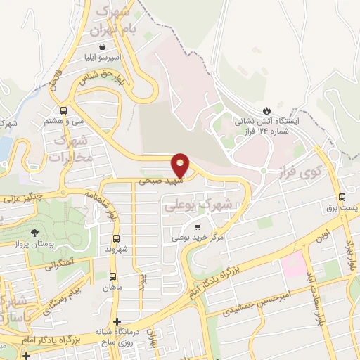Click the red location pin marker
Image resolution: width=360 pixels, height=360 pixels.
181,165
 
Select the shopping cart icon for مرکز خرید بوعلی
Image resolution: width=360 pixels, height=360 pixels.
198,226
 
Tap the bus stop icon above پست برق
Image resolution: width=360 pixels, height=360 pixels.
342,197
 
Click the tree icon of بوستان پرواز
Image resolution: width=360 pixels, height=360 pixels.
34,231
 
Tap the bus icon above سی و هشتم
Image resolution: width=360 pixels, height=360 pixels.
64,110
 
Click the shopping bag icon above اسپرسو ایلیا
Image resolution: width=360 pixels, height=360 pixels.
103,46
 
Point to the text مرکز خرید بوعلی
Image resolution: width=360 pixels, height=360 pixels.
198,238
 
